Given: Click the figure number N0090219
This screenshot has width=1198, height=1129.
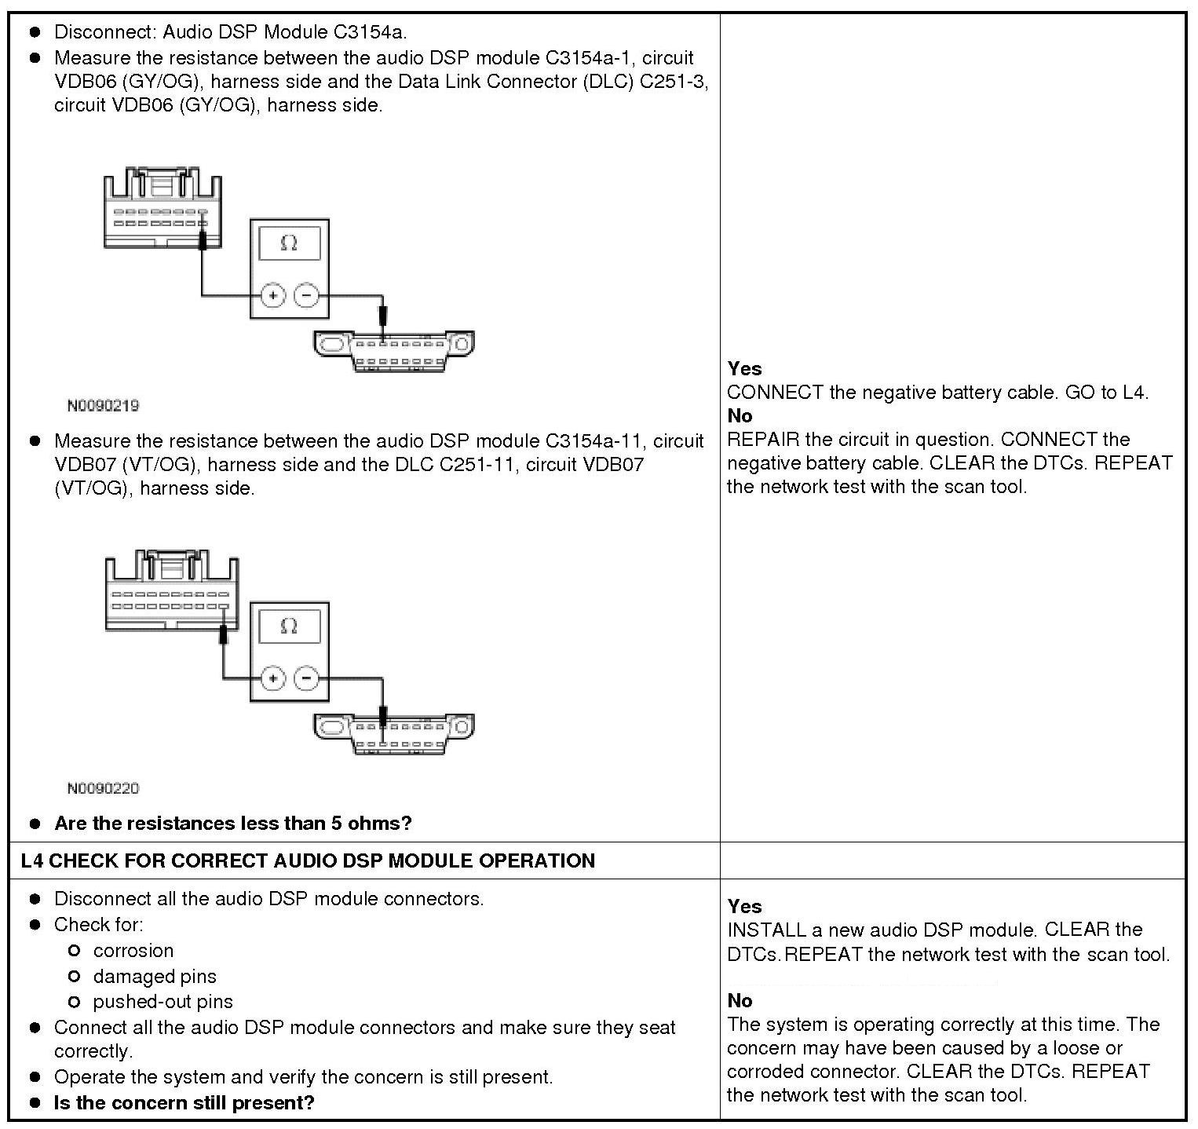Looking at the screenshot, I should coord(103,406).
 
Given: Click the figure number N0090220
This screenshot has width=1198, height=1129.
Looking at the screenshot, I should coord(103,788).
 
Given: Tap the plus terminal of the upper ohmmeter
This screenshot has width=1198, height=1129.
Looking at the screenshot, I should coord(272,296).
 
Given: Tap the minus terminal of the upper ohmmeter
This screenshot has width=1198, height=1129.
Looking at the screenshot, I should coord(306,296).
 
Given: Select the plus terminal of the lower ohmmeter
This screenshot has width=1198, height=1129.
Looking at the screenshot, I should coord(272,678).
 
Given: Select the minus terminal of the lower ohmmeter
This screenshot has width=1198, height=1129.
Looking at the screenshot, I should coord(306,678).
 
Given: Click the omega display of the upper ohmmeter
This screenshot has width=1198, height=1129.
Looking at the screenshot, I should coord(289,243).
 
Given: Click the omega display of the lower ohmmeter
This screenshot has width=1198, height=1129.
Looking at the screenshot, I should coord(289,627).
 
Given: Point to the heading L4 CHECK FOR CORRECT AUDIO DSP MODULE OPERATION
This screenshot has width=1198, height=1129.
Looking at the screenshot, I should coord(308,860).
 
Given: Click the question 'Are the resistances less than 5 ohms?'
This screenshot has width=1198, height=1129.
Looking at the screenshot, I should coord(233,824).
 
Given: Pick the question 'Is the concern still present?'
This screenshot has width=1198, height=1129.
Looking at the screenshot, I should coord(184,1102).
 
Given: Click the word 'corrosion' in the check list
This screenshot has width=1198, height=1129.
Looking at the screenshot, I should coord(133,951).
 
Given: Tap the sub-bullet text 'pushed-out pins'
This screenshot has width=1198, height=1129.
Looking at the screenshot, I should coord(163,1002).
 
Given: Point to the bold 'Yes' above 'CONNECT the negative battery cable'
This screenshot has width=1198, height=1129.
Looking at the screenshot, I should coord(744,369).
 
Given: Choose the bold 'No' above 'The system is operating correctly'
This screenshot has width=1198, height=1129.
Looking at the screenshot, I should coord(740,1000).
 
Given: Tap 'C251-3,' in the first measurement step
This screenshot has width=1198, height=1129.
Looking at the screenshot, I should coord(674,82).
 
